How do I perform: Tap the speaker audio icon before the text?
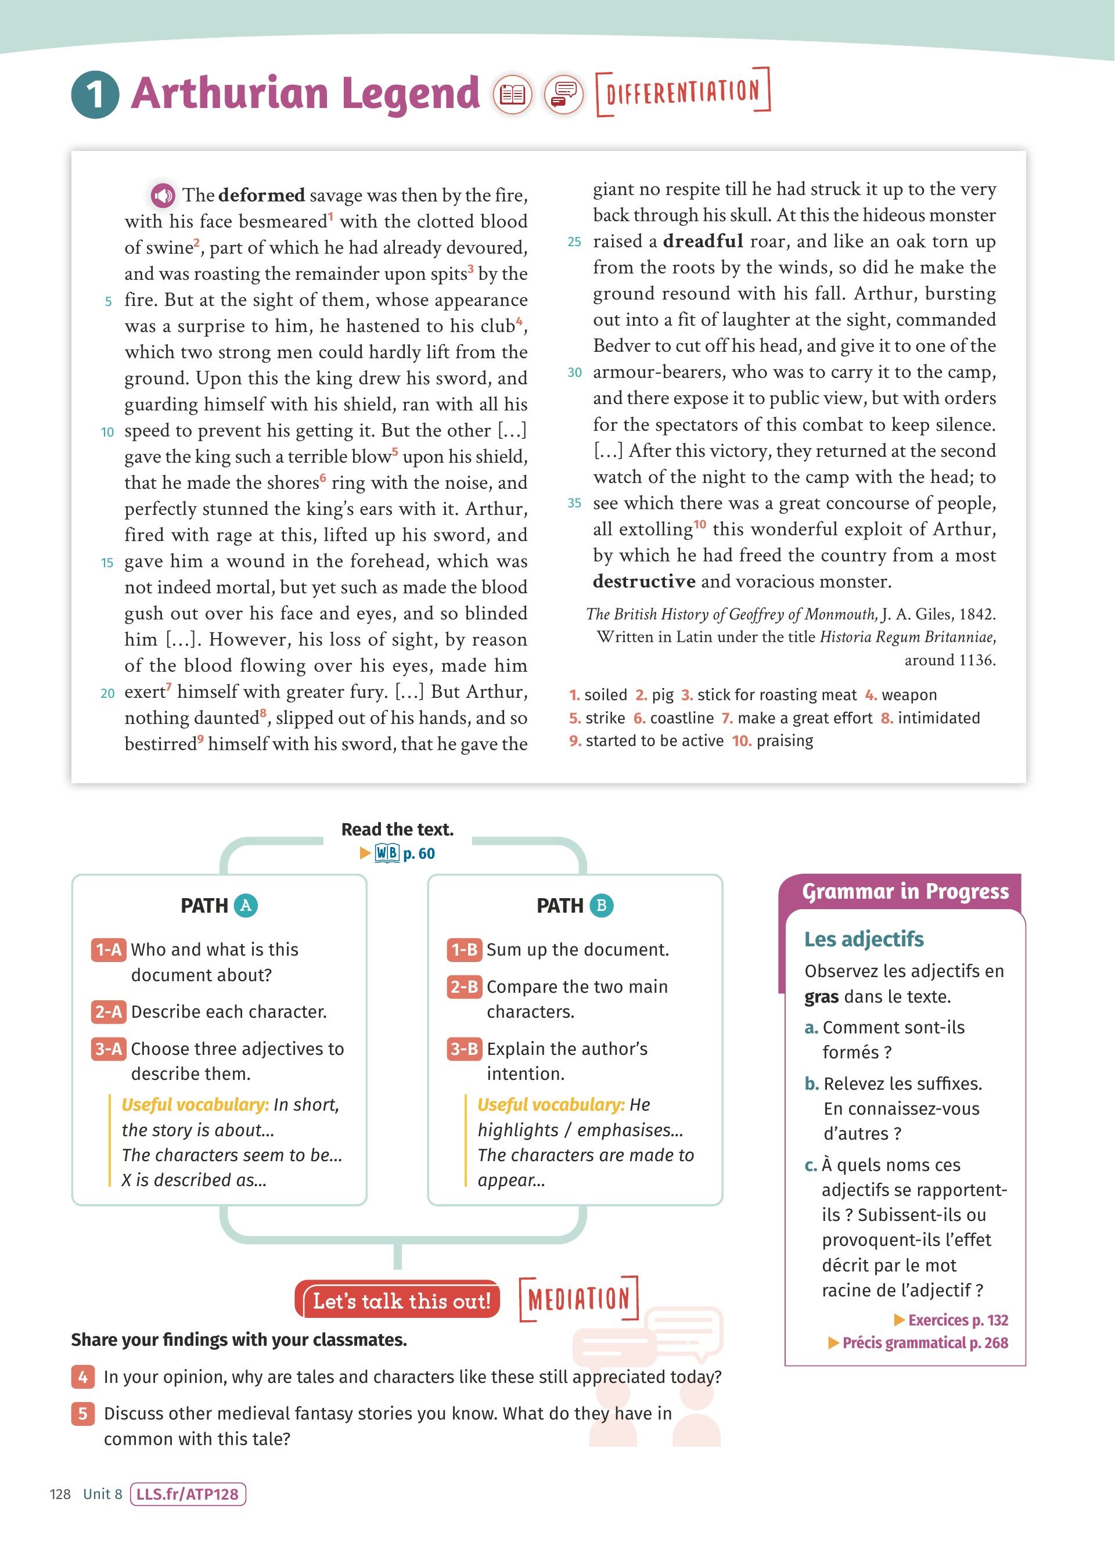pos(163,196)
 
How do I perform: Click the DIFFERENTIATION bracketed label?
pos(682,91)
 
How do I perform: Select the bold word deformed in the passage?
pos(261,196)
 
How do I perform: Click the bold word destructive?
pos(644,581)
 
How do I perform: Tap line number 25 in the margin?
pos(574,242)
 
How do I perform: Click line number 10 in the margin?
pos(107,432)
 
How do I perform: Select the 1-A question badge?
pos(108,950)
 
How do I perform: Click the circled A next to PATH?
pos(246,906)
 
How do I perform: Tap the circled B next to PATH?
pos(601,906)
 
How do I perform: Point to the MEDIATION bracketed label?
pos(579,1299)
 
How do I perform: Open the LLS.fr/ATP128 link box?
pos(188,1494)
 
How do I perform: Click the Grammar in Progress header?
pos(905,891)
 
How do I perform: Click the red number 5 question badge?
pos(82,1414)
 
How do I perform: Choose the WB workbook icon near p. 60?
pos(387,853)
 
